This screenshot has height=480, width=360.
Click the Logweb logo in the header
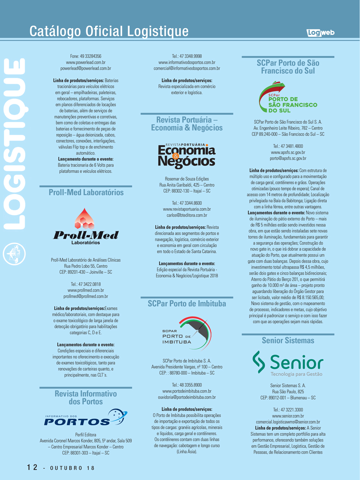coord(320,33)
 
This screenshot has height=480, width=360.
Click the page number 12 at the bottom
coord(32,467)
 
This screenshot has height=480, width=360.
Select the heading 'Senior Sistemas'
coord(288,340)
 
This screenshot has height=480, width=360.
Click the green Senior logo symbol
coord(259,362)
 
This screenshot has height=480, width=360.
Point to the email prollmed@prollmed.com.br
coord(86,296)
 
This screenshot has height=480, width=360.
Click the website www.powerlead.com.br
coord(86,62)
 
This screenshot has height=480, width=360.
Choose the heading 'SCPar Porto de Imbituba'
coord(187,304)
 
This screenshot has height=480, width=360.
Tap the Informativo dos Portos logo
coord(86,418)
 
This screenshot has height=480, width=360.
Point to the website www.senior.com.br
coord(288,416)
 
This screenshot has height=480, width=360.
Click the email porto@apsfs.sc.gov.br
coord(288,159)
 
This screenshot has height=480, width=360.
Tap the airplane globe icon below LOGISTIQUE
coord(15,253)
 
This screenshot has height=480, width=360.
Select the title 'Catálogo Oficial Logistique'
coord(109,31)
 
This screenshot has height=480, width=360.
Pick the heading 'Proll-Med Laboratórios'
coord(86,192)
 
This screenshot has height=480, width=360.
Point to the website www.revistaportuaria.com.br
coord(187,209)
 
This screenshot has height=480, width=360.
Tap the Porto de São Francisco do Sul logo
coord(288,98)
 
